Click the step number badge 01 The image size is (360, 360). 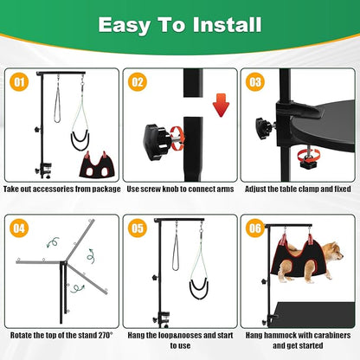tap(18, 82)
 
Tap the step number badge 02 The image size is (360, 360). tap(138, 82)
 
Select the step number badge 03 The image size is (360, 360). tap(255, 82)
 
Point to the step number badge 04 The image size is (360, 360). tap(18, 229)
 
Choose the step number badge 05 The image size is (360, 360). tap(138, 229)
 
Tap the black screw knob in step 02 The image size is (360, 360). tap(156, 136)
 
